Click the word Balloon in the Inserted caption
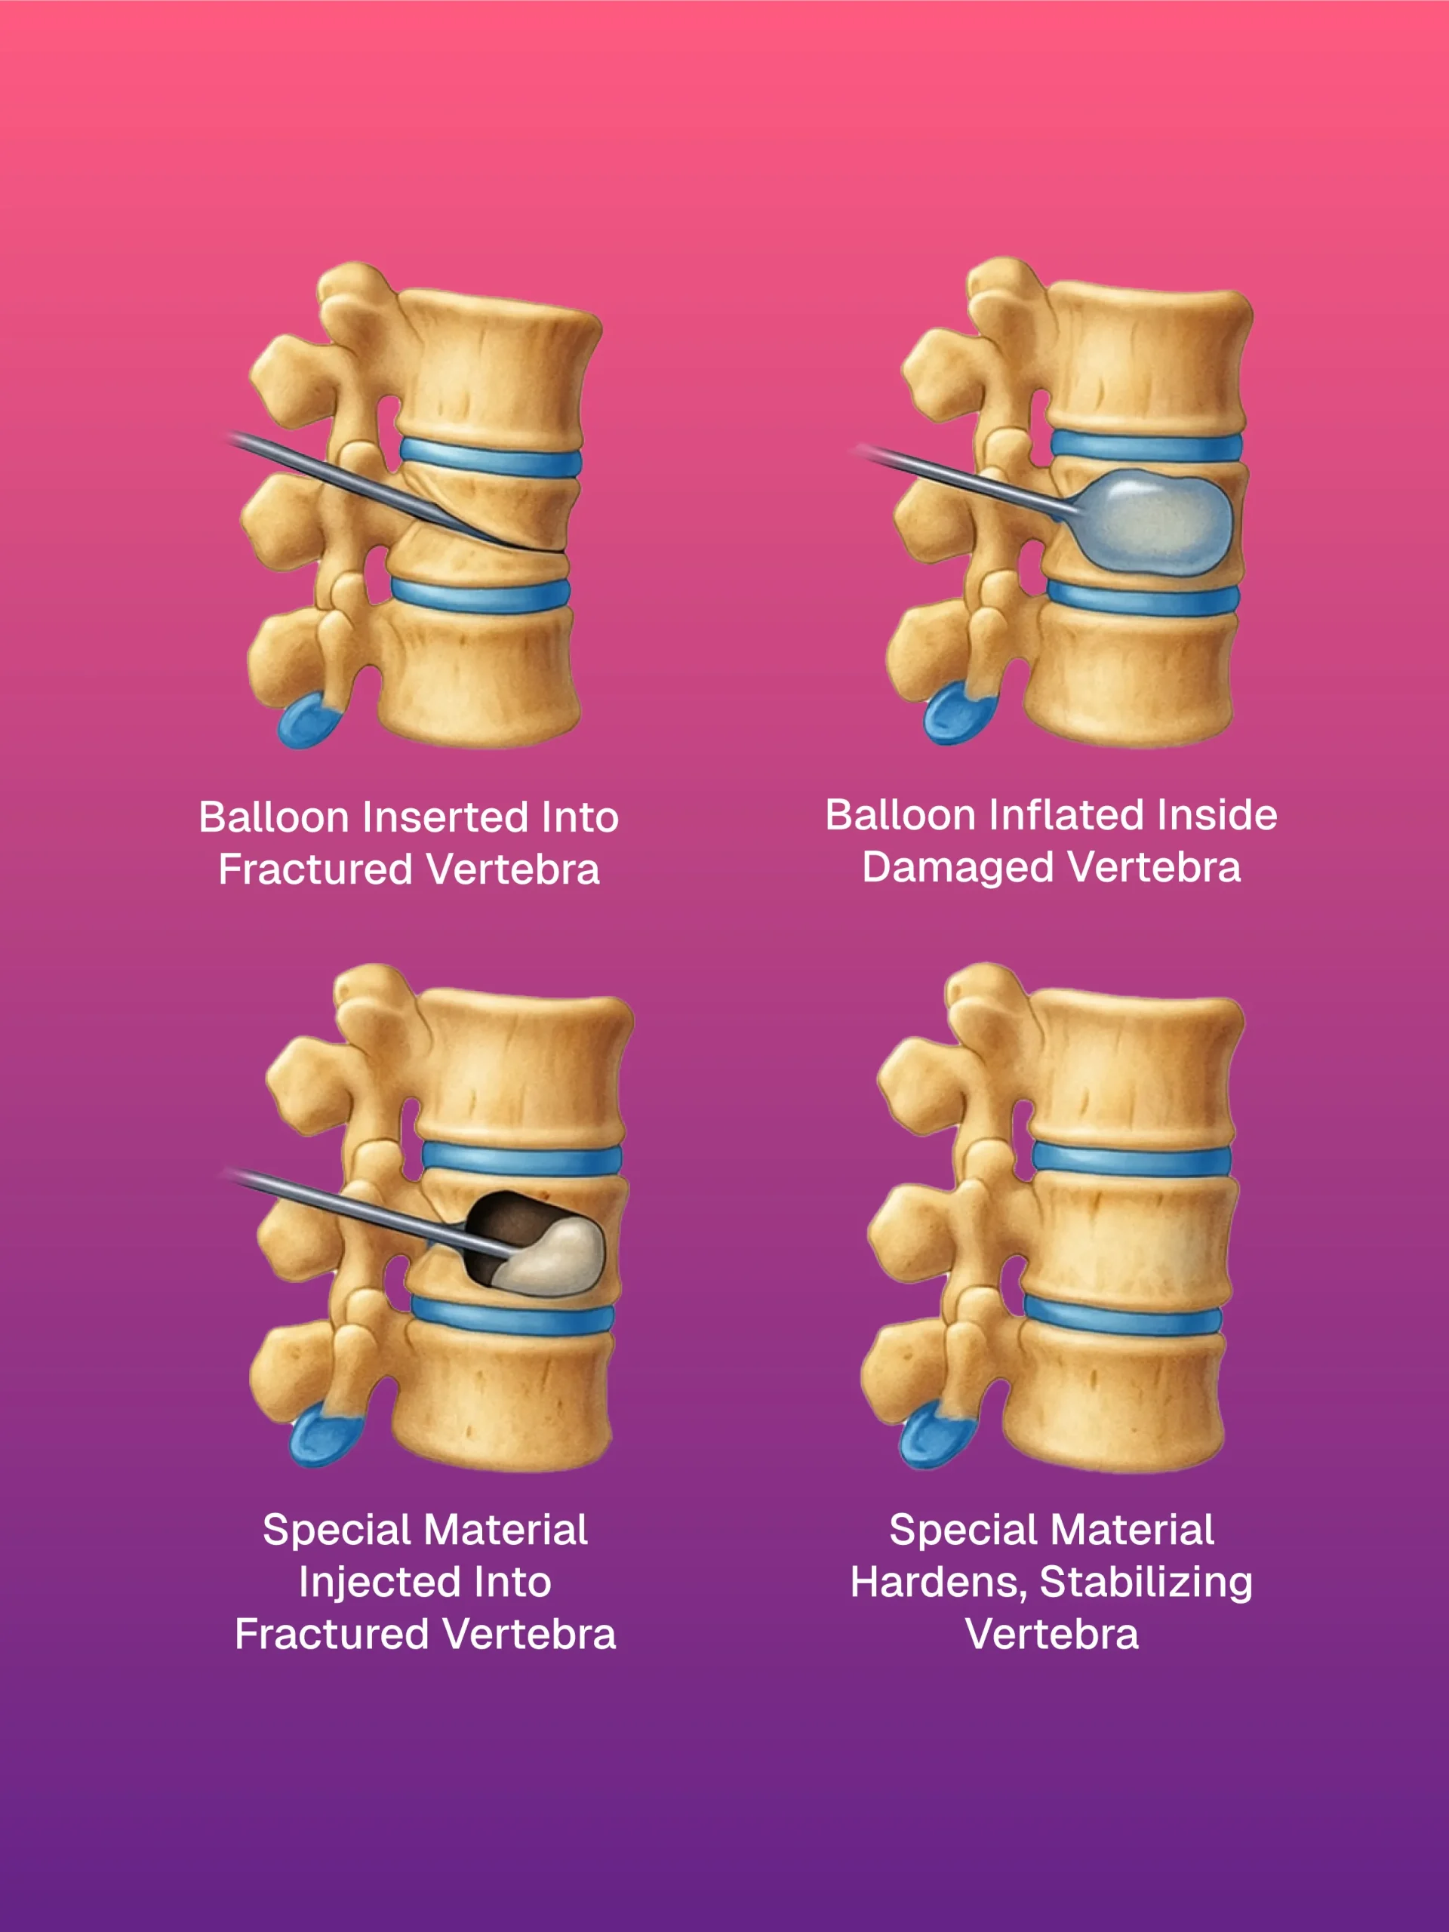tap(273, 818)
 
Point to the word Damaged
tap(958, 868)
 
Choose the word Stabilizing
tap(1146, 1583)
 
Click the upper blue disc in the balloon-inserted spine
tap(491, 457)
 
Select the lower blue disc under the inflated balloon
tap(1143, 599)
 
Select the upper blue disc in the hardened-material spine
tap(1132, 1158)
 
